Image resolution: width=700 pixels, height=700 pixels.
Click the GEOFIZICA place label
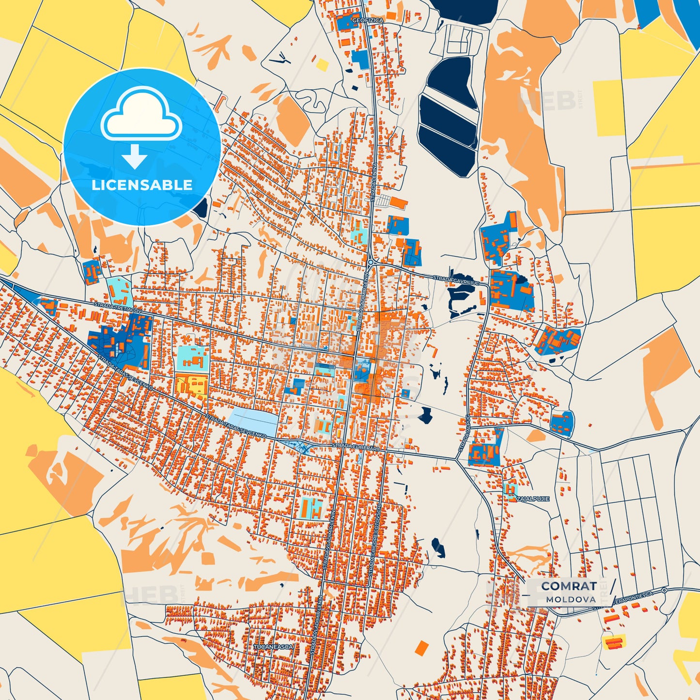[x=367, y=20]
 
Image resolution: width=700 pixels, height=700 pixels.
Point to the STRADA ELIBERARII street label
[x=356, y=447]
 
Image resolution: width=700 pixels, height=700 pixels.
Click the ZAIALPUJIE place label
[x=532, y=498]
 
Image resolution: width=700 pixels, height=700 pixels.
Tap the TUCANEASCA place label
[x=273, y=647]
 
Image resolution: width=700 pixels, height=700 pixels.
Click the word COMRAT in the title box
[x=569, y=586]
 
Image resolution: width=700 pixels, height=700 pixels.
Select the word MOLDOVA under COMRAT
[x=571, y=599]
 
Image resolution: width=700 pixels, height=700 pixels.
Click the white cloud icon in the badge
[x=141, y=114]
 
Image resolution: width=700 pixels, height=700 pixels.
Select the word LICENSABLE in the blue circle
[x=141, y=185]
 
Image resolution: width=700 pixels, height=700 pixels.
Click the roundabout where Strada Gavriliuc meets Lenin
[x=371, y=262]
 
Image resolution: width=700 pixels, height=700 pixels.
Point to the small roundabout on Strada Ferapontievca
[x=664, y=590]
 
